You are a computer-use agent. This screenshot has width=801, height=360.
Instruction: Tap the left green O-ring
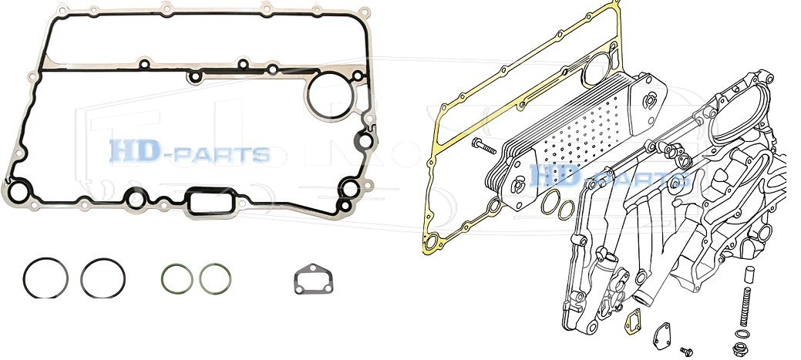click(162, 279)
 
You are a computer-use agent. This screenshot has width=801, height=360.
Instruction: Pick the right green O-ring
click(200, 279)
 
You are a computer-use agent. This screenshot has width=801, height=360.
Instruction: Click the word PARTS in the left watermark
click(223, 155)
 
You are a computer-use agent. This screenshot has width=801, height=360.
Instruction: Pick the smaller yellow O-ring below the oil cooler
click(559, 210)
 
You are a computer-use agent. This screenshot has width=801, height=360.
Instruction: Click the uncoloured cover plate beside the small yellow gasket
click(661, 336)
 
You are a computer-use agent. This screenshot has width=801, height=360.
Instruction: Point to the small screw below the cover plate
click(686, 352)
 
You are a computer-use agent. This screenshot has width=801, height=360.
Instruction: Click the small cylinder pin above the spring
click(750, 274)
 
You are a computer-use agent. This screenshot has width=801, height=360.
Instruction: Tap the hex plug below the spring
click(738, 349)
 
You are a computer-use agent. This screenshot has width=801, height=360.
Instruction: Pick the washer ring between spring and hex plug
click(736, 334)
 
